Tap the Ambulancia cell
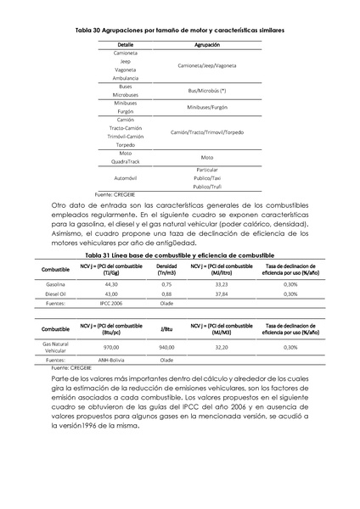click(x=125, y=78)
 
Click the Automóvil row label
click(x=125, y=179)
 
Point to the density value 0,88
click(x=166, y=294)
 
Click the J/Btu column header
click(x=166, y=329)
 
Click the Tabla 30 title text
click(x=179, y=29)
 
